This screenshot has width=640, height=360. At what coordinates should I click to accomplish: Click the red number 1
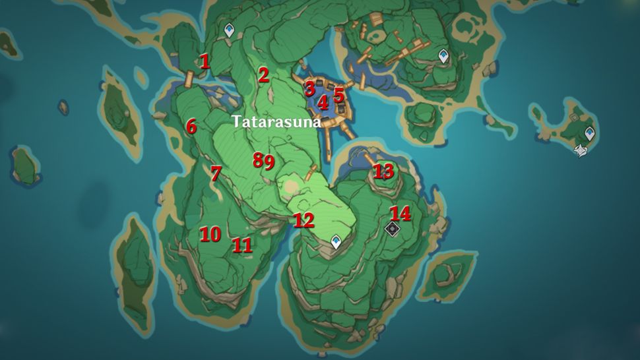click(205, 62)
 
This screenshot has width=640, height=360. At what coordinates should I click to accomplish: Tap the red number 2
click(263, 75)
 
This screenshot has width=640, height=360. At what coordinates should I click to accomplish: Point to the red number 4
click(323, 102)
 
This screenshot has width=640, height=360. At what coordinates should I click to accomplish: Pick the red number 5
click(338, 95)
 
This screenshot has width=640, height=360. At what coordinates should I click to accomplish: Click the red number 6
click(191, 126)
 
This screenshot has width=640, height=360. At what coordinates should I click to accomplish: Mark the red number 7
click(215, 173)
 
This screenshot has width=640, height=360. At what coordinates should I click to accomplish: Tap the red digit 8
click(258, 160)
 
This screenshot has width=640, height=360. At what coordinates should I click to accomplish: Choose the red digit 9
click(269, 162)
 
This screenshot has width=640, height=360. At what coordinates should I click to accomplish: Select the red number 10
click(210, 234)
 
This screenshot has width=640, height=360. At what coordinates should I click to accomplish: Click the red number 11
click(242, 245)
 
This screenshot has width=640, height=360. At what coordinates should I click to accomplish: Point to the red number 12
click(304, 221)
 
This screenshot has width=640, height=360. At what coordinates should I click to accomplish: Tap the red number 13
click(383, 171)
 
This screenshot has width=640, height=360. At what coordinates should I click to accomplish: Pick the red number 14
click(400, 214)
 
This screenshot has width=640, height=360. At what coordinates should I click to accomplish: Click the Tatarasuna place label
click(276, 122)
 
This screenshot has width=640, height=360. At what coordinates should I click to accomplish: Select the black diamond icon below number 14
click(392, 228)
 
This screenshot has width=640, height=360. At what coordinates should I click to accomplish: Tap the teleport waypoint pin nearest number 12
click(336, 241)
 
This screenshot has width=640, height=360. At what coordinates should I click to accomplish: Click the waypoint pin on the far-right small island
click(589, 133)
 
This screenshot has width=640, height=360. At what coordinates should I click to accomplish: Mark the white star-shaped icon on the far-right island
click(580, 151)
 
